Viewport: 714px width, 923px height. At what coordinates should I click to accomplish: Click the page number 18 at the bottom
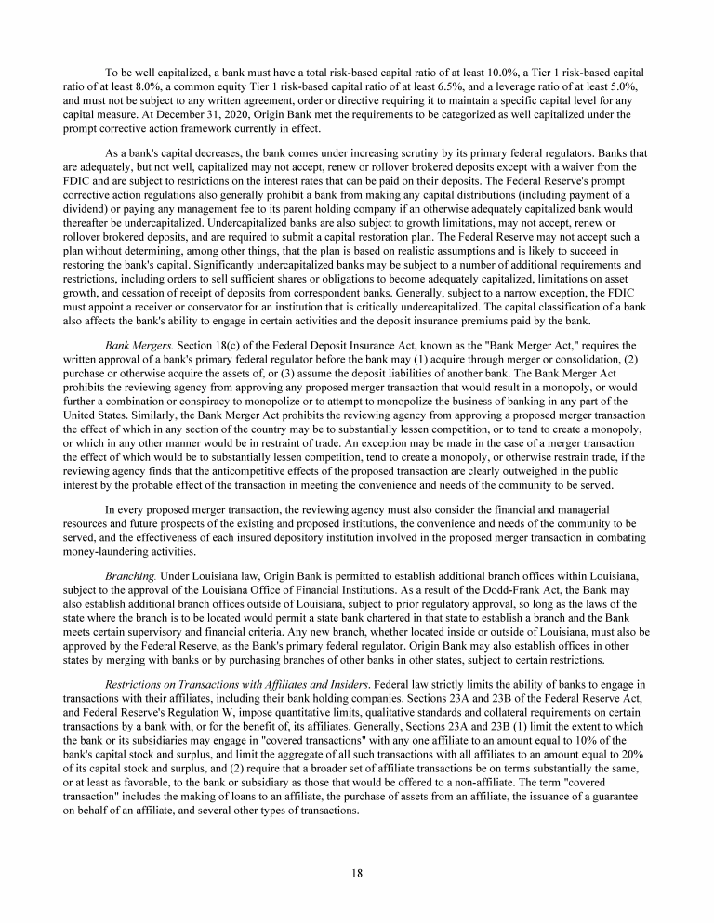tap(357, 872)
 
